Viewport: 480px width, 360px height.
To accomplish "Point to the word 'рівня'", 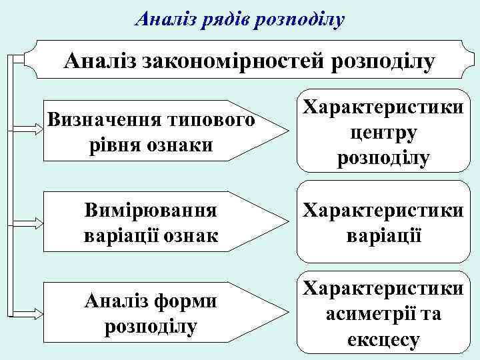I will (x=109, y=145).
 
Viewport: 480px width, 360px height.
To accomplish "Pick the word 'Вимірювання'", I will (x=150, y=211).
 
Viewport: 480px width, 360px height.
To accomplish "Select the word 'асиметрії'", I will (x=364, y=313).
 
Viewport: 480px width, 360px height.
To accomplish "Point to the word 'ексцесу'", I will (x=383, y=339).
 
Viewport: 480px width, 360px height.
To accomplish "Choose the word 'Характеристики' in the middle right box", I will (x=383, y=211).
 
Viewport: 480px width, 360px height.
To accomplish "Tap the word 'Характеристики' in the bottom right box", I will (x=383, y=289).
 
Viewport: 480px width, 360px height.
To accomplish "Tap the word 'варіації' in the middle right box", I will (x=383, y=236).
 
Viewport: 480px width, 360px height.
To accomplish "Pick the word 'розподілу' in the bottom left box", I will (x=150, y=327).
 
